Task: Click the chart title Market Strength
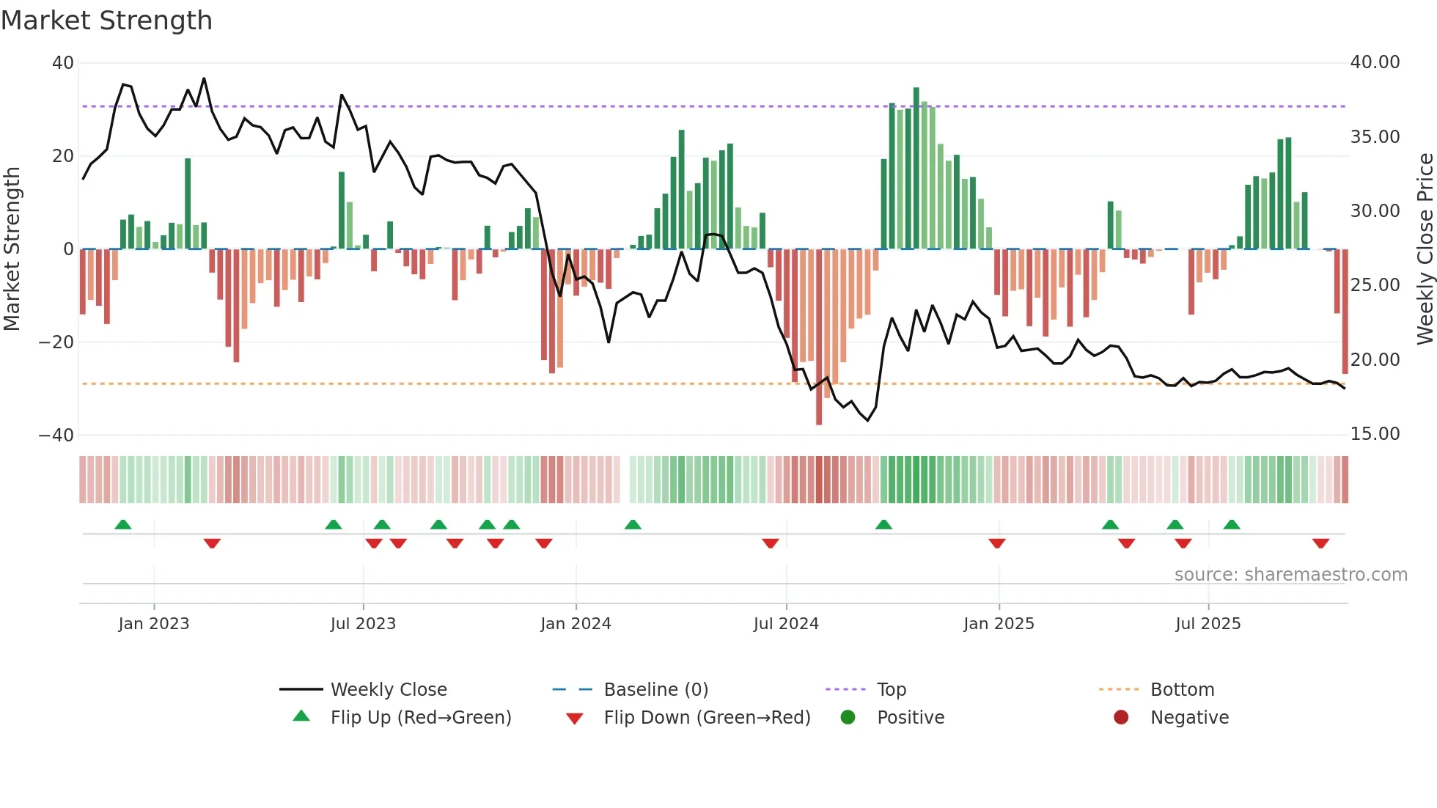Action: tap(107, 21)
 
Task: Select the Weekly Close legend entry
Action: tap(388, 689)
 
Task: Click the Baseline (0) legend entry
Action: tap(655, 689)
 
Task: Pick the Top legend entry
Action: tap(891, 689)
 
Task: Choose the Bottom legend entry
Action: tap(1182, 689)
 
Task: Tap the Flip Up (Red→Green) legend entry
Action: tap(420, 717)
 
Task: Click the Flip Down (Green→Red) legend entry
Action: tap(707, 717)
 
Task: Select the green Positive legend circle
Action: tap(848, 717)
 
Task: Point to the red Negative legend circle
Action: tap(1121, 717)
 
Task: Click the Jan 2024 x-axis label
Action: tap(576, 623)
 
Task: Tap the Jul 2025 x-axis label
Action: tap(1208, 623)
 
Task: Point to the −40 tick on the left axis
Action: tap(56, 435)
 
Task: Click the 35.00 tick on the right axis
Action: tap(1375, 137)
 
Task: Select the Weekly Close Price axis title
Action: tap(1425, 249)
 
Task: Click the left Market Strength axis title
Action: tap(12, 249)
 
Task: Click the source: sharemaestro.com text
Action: tap(1290, 574)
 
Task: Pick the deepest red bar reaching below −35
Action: tap(819, 337)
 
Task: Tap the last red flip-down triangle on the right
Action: tap(1321, 543)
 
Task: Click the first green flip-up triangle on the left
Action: tap(123, 524)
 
